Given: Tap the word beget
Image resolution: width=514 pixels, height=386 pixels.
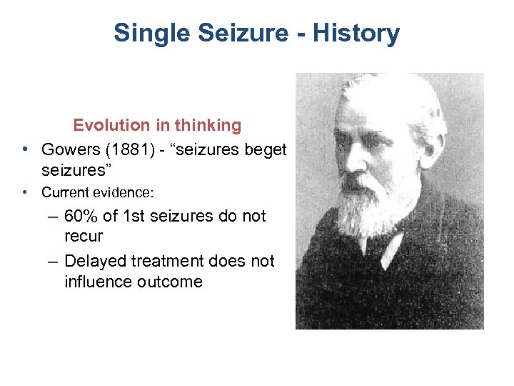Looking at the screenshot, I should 265,149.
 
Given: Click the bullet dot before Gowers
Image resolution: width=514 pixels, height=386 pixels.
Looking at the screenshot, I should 25,149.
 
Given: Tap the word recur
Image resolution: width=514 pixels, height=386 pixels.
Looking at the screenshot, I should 84,236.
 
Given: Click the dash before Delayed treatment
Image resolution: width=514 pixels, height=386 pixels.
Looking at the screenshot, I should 54,262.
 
